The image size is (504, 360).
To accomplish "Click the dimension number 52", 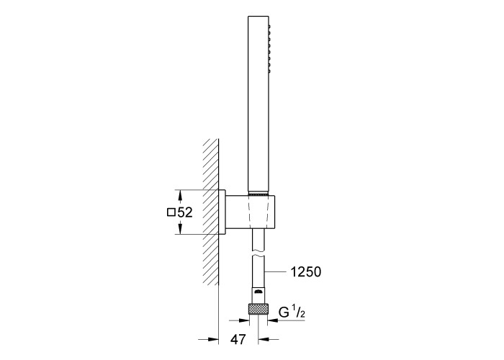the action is pyautogui.click(x=185, y=212).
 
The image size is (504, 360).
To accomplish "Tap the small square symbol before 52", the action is pyautogui.click(x=171, y=212).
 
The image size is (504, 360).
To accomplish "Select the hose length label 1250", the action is pyautogui.click(x=306, y=272).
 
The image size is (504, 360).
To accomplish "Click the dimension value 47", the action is pyautogui.click(x=238, y=339).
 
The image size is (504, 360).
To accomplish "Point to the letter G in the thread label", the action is pyautogui.click(x=284, y=312).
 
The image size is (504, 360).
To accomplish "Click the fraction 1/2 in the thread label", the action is pyautogui.click(x=298, y=312).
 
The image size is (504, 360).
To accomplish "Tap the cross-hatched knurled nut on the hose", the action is pyautogui.click(x=258, y=309).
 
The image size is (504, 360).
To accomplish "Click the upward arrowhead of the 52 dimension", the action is pyautogui.click(x=180, y=195).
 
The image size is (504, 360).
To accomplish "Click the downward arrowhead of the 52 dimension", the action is pyautogui.click(x=180, y=228).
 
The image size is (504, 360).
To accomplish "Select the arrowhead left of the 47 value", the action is pyautogui.click(x=213, y=339).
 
